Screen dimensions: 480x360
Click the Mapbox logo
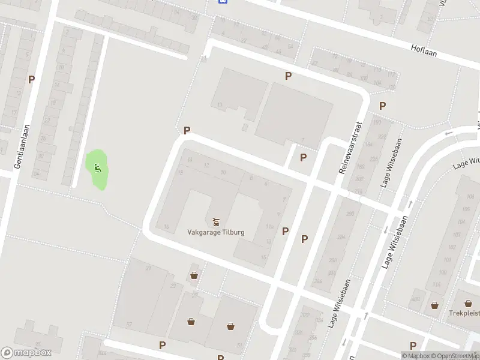click(x=26, y=353)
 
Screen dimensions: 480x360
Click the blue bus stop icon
click(x=223, y=2)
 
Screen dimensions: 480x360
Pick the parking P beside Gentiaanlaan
click(x=31, y=79)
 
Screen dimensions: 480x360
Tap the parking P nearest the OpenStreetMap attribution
click(x=413, y=345)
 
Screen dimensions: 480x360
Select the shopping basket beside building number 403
click(x=434, y=305)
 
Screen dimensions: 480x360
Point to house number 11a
click(x=269, y=227)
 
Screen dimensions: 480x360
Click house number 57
click(x=129, y=324)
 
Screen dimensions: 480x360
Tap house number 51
click(x=239, y=345)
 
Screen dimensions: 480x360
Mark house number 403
click(x=416, y=299)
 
